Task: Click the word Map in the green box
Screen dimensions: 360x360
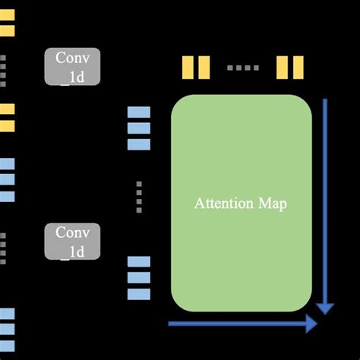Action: point(272,204)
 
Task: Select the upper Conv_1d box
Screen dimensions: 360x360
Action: point(72,66)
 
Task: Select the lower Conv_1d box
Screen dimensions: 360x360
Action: point(72,242)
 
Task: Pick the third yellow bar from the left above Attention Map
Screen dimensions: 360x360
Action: point(282,67)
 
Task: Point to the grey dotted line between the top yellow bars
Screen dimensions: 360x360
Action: point(243,68)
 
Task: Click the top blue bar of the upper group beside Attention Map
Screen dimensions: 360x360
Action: point(139,112)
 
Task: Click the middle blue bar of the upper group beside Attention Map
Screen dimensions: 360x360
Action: point(139,128)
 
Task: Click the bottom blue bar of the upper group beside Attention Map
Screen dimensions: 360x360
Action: point(139,144)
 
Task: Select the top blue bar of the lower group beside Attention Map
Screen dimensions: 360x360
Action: point(139,262)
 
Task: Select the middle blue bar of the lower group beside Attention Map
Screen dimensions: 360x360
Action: point(139,278)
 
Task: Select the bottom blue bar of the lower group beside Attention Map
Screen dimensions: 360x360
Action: point(139,294)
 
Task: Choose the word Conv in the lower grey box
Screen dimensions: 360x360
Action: point(72,233)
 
